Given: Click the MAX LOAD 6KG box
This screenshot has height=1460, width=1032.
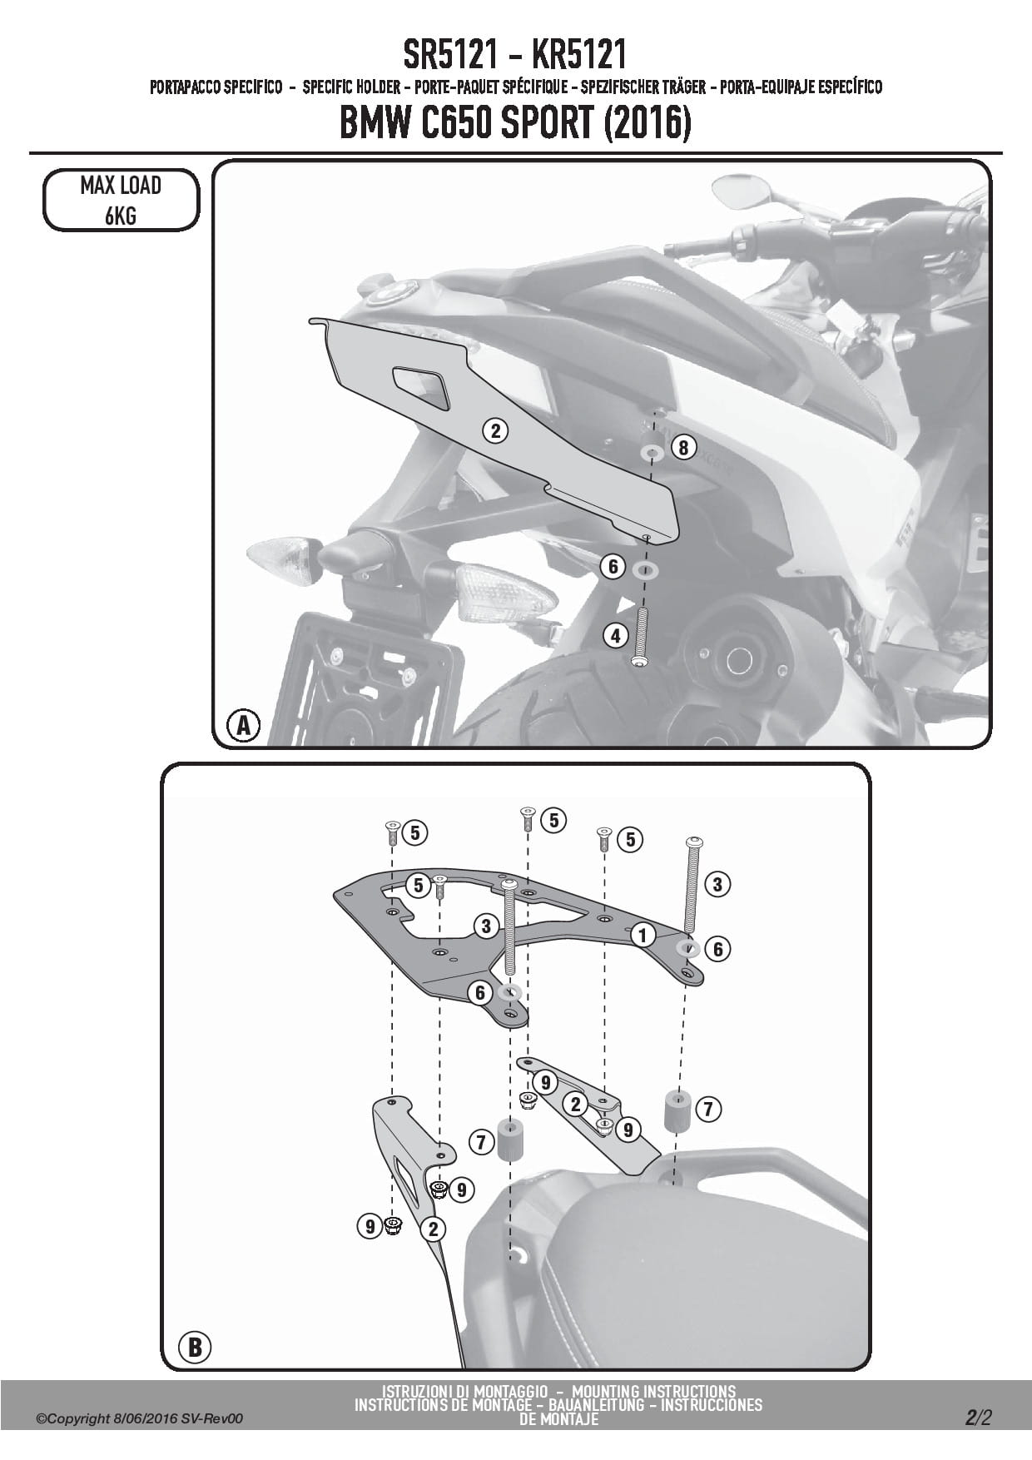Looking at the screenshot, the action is pos(121,200).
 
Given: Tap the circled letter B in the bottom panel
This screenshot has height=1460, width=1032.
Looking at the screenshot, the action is pos(195,1346).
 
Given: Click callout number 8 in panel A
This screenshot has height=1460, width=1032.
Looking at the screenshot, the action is pos(682,448).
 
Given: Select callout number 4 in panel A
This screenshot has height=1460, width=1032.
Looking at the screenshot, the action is pos(616,637).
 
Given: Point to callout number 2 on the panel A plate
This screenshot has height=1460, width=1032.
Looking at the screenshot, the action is pos(495,430).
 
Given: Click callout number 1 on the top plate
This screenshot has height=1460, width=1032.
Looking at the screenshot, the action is pos(642,934).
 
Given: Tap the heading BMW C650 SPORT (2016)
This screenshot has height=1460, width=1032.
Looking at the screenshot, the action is pos(515,124).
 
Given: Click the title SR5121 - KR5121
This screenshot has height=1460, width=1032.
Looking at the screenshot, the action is pos(515,55).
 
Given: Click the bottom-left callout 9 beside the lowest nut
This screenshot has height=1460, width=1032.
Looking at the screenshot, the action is pos(369,1225).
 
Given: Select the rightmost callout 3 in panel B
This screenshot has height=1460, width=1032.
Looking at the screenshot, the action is pos(717,884).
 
